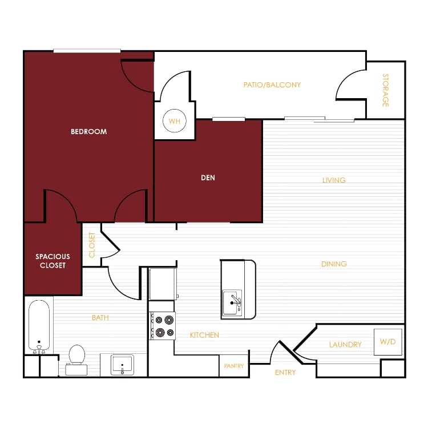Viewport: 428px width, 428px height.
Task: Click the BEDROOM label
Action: point(88,132)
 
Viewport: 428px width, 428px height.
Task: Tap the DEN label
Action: point(208,177)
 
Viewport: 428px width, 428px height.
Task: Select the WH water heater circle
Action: point(175,120)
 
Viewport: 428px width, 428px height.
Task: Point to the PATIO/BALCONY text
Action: point(272,85)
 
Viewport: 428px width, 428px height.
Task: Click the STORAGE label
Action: point(385,90)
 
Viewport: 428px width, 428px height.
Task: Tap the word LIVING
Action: point(334,180)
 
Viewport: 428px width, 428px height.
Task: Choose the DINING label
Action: point(334,264)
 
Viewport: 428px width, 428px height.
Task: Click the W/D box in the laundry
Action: point(388,342)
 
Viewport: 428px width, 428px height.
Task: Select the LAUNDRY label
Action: point(345,345)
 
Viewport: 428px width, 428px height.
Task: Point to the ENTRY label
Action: point(285,372)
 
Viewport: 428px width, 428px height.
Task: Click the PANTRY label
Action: point(233,366)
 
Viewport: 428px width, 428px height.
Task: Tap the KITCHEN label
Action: point(204,335)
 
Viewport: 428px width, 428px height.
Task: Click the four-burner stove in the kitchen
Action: point(163,326)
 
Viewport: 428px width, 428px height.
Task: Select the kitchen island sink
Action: point(232,303)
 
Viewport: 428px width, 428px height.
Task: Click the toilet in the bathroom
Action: point(76,360)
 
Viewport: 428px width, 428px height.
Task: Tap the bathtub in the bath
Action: point(39,326)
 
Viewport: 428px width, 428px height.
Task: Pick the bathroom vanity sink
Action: point(122,365)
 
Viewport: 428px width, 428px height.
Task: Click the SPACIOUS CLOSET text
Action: point(53,261)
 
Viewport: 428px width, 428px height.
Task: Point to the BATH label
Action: point(100,318)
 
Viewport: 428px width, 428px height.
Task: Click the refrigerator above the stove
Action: point(163,284)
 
